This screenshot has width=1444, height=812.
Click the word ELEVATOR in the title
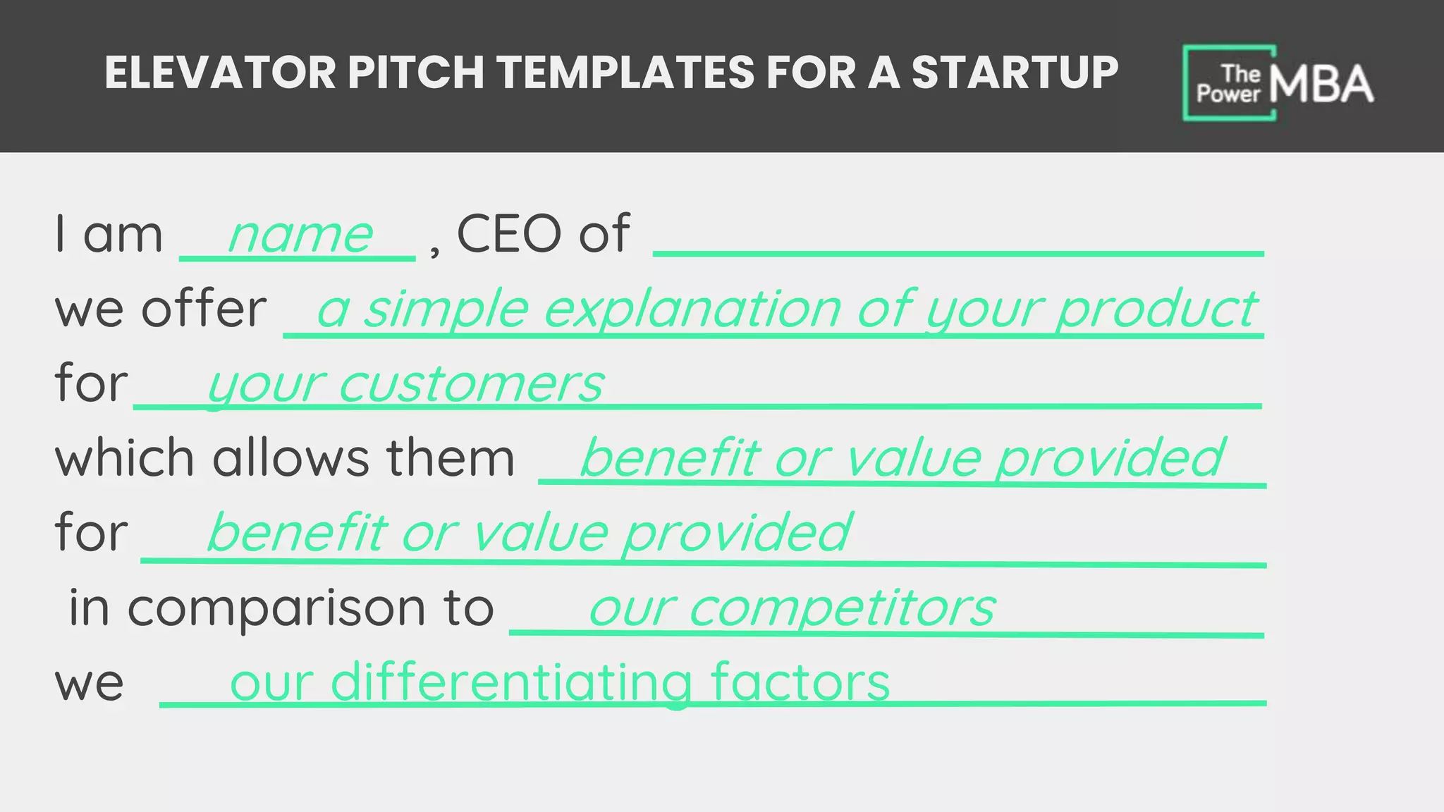[x=220, y=73]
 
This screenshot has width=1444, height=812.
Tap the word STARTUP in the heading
[x=1015, y=73]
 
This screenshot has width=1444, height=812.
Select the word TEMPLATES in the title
[x=625, y=73]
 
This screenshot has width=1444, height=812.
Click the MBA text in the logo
[x=1321, y=85]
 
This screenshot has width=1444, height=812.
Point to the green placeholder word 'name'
[x=300, y=235]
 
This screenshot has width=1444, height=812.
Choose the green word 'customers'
[x=471, y=384]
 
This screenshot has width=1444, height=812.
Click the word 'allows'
[x=290, y=458]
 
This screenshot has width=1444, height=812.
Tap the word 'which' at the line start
[x=124, y=458]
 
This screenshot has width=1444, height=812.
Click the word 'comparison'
[x=276, y=608]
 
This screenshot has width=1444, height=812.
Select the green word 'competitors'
[x=842, y=608]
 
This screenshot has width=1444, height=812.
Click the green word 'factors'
[x=800, y=682]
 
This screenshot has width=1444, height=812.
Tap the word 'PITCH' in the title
[x=415, y=73]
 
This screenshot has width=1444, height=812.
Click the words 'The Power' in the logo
[x=1229, y=84]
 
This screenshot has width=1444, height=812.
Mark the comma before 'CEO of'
[x=434, y=250]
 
